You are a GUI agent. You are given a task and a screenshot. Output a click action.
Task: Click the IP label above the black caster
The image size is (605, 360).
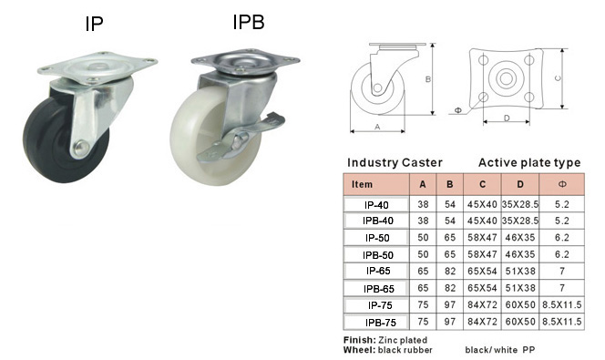[94, 24]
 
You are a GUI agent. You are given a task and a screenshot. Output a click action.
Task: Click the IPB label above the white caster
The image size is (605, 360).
[249, 22]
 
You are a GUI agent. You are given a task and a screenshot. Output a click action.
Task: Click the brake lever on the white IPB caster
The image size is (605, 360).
[240, 139]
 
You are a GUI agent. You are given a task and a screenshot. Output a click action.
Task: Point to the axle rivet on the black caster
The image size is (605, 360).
[81, 148]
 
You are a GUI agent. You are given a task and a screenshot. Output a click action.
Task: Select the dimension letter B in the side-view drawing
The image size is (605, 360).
[428, 79]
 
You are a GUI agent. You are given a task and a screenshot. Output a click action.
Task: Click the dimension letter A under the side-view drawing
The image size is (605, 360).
[377, 127]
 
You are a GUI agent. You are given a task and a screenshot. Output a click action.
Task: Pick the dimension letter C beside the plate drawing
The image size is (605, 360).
[558, 78]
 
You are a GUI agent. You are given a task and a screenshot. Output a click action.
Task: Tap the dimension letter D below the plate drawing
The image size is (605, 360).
[507, 118]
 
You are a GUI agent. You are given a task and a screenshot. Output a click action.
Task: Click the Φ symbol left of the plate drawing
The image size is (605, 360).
[458, 110]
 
